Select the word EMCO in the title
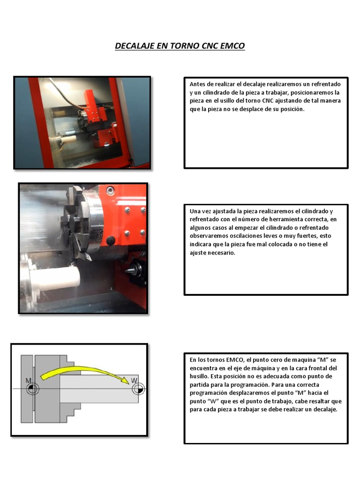[231, 46]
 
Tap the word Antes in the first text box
[197, 84]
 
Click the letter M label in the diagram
[28, 380]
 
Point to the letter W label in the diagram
[135, 380]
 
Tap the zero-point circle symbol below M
[32, 389]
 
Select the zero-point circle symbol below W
[138, 389]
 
